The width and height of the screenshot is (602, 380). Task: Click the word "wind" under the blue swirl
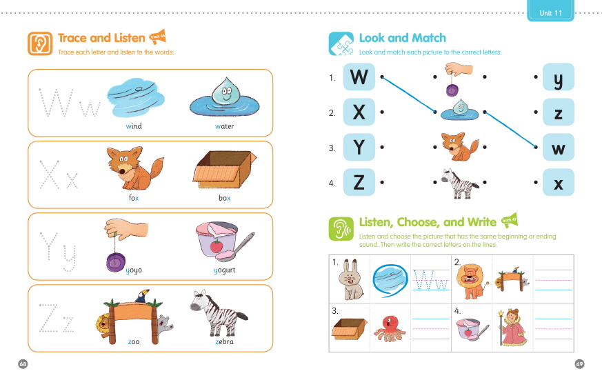[134, 126]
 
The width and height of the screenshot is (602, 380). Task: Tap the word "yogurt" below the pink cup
[224, 270]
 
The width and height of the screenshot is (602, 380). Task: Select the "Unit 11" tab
[550, 11]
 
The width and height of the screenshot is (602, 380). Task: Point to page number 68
[23, 364]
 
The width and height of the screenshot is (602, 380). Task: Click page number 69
[579, 364]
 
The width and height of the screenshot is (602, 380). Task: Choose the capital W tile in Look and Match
[359, 77]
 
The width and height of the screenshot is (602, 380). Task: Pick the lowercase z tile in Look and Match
[559, 112]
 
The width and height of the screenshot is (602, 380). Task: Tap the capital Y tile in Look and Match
[359, 147]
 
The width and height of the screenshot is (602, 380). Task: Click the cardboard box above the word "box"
[225, 169]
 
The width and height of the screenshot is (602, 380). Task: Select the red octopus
[390, 328]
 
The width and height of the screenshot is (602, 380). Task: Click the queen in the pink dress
[512, 327]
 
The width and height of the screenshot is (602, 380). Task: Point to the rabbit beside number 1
[350, 279]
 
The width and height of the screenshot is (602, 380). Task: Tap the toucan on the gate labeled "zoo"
[142, 296]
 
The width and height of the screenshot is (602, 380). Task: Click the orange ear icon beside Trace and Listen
[40, 43]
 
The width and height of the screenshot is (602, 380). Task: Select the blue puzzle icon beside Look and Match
[341, 43]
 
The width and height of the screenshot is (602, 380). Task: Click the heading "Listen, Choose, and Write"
[428, 222]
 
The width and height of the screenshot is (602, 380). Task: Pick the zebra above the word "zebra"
[218, 313]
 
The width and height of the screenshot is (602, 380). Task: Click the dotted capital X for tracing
[50, 174]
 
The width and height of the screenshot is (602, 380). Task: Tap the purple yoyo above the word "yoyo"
[116, 262]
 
